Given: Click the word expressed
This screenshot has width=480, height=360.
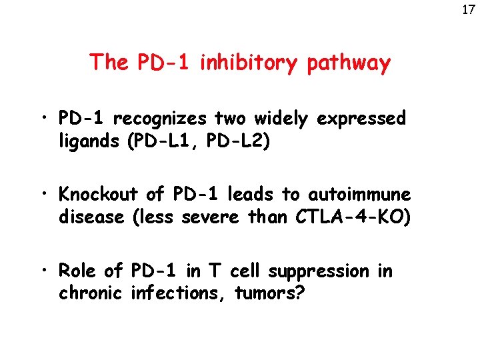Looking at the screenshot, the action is point(362,119).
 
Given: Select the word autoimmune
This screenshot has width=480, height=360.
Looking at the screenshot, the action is point(360,195).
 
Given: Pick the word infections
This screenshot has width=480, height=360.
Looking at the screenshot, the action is point(180,293).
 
